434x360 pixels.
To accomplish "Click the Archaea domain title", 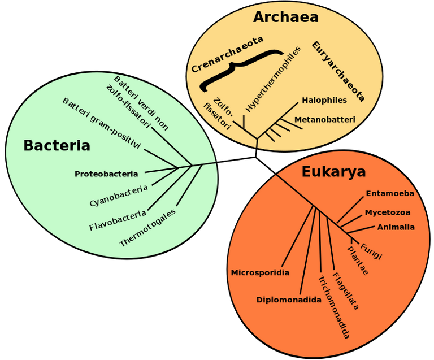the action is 285,17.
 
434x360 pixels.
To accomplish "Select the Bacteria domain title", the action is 57,146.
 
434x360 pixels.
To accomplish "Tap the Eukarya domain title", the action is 333,172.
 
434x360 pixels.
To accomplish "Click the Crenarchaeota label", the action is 227,54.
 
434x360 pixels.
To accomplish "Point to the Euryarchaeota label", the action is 338,71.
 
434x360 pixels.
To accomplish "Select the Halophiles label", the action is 324,100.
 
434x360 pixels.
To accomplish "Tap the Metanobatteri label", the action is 325,120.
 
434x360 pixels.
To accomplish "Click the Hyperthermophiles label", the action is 272,80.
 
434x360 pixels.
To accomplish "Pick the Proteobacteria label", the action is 106,174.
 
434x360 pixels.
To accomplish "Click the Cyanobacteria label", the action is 119,196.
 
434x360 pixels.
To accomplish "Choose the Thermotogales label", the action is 147,227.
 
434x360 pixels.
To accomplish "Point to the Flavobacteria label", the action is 118,220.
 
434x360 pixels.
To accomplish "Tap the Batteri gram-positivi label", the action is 102,123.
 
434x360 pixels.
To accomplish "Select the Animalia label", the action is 396,227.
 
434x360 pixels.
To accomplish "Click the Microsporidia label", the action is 260,273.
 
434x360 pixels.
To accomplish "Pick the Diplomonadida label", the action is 289,300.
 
